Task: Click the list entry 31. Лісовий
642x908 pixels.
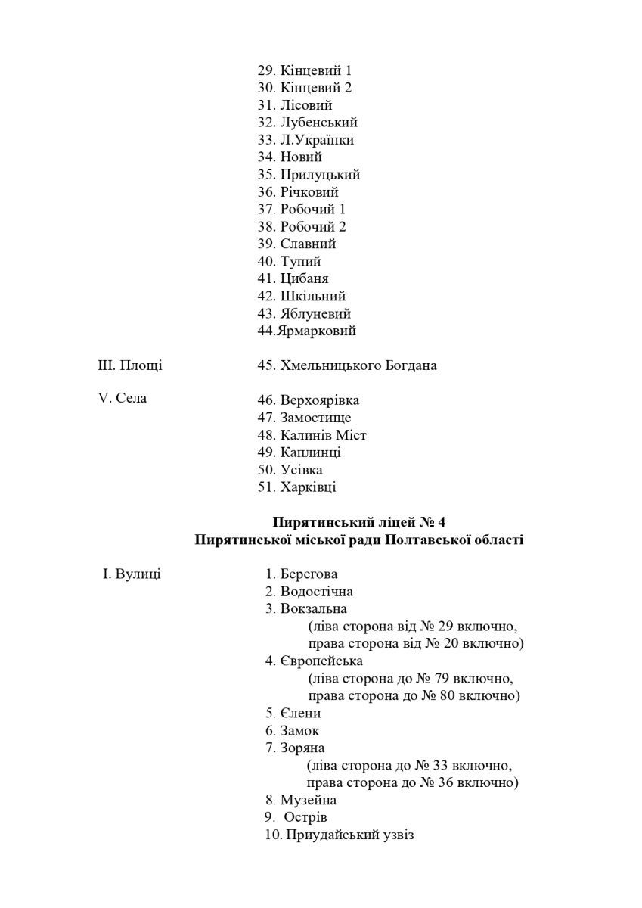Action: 295,105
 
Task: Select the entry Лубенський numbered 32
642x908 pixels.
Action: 308,123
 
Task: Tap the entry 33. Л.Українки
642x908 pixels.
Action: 305,140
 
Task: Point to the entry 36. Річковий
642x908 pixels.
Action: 298,192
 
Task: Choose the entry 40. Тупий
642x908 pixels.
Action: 290,262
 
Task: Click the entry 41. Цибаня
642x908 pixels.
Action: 293,279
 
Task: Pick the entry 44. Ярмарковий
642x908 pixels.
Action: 307,331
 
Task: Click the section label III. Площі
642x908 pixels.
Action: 130,365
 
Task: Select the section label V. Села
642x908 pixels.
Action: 123,399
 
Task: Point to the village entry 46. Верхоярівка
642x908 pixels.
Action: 309,400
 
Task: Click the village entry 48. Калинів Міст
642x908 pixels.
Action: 312,435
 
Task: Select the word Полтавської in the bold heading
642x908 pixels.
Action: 429,540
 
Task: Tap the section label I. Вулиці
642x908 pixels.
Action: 132,574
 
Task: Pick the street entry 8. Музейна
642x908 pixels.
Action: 301,800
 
